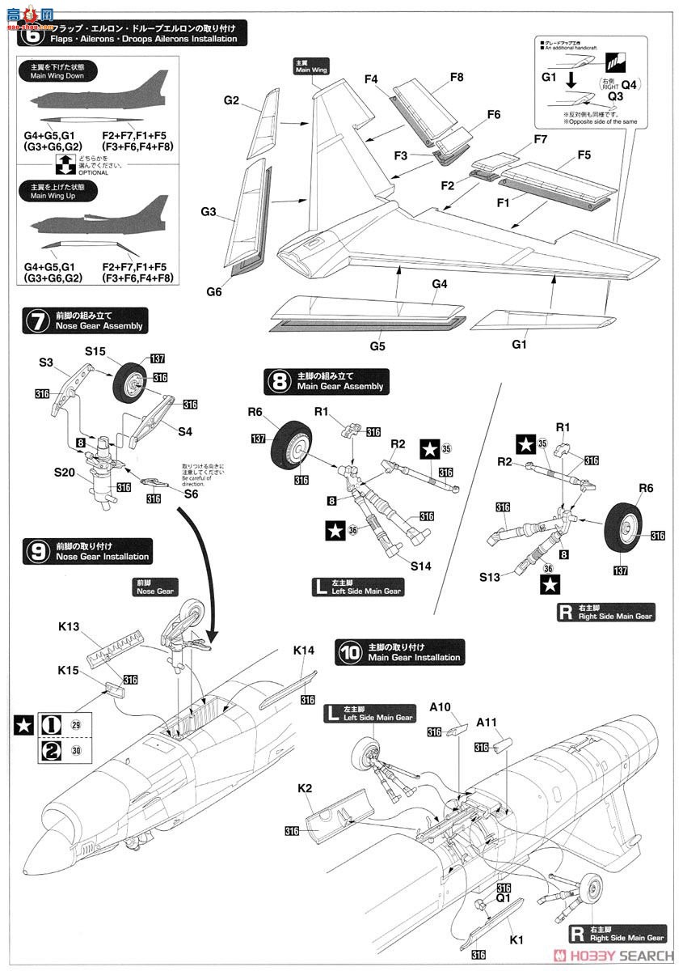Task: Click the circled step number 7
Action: click(36, 320)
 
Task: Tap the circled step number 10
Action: click(349, 651)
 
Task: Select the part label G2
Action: click(232, 100)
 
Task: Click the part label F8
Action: click(457, 78)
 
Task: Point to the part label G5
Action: click(377, 346)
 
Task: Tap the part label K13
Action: click(70, 627)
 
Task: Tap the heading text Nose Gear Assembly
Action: click(99, 326)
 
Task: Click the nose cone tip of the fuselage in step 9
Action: click(27, 873)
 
